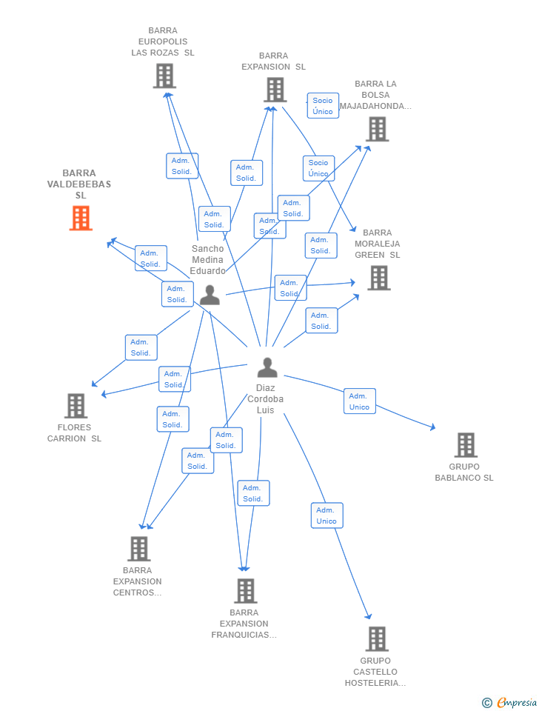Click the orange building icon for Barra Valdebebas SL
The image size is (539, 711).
click(80, 218)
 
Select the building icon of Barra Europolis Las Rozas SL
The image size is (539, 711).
click(164, 76)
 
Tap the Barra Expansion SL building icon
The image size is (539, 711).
click(275, 90)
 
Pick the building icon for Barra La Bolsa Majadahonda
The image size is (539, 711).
click(377, 129)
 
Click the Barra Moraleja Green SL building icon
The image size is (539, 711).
click(378, 278)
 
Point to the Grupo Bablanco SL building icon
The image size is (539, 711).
click(465, 445)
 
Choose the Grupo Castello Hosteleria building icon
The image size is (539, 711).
click(376, 638)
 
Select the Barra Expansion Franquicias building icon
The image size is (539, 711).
click(245, 591)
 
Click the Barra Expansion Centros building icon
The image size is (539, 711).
click(138, 549)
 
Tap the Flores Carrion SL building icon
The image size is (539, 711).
click(76, 406)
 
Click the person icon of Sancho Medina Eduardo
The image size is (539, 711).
click(210, 296)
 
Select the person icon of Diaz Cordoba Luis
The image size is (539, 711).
click(267, 367)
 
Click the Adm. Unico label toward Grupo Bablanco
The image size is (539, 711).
click(359, 401)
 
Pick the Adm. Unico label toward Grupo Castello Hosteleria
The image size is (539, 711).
click(327, 515)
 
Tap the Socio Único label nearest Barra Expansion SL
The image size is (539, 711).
click(323, 106)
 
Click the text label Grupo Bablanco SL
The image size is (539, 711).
click(464, 473)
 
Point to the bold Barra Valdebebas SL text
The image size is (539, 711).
click(79, 184)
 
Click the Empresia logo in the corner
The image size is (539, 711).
click(509, 702)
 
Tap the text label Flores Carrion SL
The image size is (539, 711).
click(75, 433)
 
